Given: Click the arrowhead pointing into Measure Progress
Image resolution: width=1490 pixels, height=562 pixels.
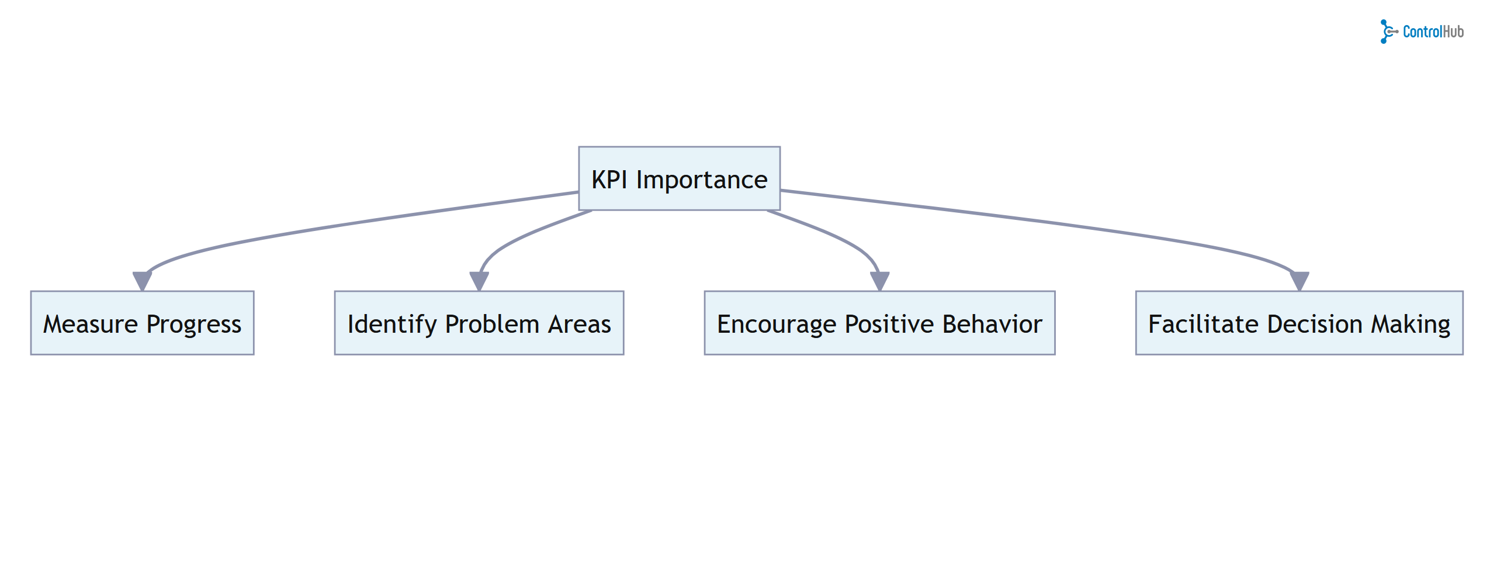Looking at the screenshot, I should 142,280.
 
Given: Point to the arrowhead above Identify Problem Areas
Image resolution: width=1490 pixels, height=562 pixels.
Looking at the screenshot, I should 479,280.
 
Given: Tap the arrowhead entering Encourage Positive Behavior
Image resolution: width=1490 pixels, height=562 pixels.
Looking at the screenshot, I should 879,280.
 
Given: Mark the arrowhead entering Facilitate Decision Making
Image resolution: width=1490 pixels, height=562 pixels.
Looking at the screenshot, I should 1299,280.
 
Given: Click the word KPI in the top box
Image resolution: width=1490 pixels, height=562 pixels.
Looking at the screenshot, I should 609,180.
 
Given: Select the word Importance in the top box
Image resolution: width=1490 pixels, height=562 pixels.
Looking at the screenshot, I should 701,180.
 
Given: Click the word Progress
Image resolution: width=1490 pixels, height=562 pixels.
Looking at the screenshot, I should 193,325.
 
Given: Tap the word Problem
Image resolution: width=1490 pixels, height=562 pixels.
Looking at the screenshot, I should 491,324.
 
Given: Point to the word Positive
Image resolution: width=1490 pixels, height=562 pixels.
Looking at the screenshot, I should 889,324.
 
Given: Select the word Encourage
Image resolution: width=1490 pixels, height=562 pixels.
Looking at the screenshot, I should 777,325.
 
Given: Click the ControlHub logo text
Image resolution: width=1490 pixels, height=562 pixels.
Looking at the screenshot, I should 1433,32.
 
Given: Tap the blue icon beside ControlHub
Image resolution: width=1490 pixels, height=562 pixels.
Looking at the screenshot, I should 1388,32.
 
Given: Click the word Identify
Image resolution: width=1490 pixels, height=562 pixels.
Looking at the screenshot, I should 392,325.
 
